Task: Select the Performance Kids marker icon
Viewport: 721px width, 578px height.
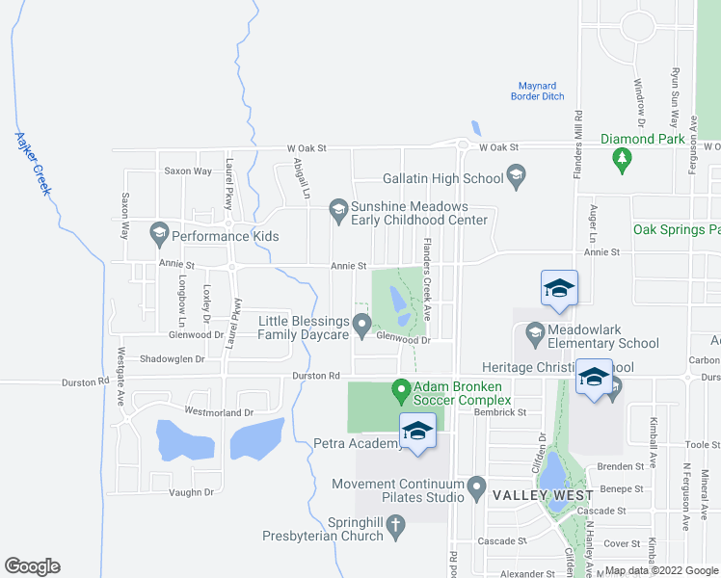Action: pyautogui.click(x=159, y=232)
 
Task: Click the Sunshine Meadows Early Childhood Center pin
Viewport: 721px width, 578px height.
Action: pyautogui.click(x=338, y=207)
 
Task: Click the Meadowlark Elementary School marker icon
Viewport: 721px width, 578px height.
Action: pyautogui.click(x=536, y=333)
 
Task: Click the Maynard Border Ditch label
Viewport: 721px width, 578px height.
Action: pyautogui.click(x=538, y=92)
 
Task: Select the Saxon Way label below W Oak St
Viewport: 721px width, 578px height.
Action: pyautogui.click(x=188, y=171)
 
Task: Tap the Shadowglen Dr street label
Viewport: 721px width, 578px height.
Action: pyautogui.click(x=173, y=359)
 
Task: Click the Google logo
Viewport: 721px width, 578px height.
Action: pyautogui.click(x=32, y=566)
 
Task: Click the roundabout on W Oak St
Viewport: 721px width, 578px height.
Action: pyautogui.click(x=463, y=147)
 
